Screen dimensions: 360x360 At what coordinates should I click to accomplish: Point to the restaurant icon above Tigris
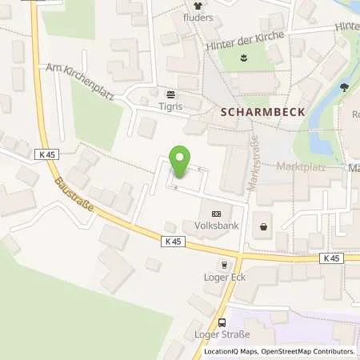(170, 91)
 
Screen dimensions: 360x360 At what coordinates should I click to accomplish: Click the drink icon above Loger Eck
(225, 265)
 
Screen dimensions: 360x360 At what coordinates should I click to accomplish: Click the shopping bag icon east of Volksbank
(264, 227)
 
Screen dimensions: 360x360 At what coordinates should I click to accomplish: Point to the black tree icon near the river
(345, 87)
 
